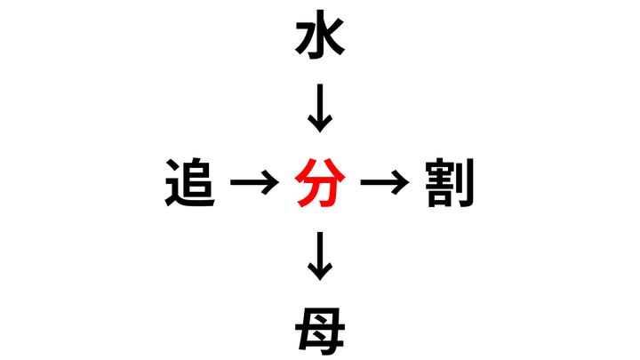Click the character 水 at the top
click(x=320, y=35)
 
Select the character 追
click(x=190, y=182)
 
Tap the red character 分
click(x=320, y=182)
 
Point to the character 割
click(x=450, y=182)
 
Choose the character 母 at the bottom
click(x=320, y=330)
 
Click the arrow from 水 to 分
click(x=320, y=108)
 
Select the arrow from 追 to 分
click(x=255, y=182)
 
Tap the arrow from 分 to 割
click(x=385, y=182)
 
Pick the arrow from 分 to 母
click(x=320, y=256)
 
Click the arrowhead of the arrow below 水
click(x=320, y=124)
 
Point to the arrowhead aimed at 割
click(x=400, y=182)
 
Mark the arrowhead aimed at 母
click(x=320, y=272)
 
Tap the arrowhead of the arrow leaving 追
click(x=270, y=182)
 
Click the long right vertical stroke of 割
click(x=468, y=182)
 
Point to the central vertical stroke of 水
click(x=320, y=35)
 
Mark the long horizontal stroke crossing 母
click(x=320, y=331)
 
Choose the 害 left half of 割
click(x=440, y=182)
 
